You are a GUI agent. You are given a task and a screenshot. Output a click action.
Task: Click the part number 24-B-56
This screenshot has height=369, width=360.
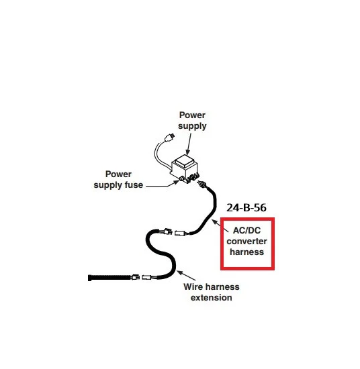click(x=246, y=207)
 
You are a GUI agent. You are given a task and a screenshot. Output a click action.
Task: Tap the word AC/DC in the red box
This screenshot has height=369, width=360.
click(x=246, y=230)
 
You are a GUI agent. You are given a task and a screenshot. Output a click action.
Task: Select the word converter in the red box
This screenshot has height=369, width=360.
click(x=246, y=242)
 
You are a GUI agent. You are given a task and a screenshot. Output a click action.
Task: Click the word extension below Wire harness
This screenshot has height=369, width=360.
click(x=212, y=297)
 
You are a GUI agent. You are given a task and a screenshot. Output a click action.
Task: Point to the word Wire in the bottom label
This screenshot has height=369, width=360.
click(x=193, y=286)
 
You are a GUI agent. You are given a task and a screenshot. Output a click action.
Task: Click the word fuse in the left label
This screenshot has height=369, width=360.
click(x=134, y=184)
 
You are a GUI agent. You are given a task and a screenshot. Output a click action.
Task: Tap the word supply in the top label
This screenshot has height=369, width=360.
click(x=192, y=126)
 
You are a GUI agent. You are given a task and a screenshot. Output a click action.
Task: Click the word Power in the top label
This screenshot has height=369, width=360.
click(x=192, y=115)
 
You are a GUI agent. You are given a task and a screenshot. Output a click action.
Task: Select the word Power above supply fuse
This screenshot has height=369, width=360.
click(x=118, y=174)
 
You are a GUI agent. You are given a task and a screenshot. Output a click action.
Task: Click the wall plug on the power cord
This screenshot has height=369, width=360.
click(x=169, y=138)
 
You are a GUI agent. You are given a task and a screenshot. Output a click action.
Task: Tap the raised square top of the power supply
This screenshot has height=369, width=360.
click(x=185, y=162)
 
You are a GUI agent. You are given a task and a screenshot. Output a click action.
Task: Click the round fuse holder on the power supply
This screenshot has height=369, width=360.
click(x=182, y=178)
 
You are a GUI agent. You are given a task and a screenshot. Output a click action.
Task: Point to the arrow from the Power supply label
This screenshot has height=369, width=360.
click(x=189, y=144)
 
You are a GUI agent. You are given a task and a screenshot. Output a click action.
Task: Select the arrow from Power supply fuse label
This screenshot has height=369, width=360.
click(x=163, y=184)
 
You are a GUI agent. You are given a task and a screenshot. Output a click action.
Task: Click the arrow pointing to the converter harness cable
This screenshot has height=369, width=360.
click(x=220, y=225)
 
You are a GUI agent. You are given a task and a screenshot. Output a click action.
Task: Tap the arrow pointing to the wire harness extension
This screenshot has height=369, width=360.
click(x=186, y=276)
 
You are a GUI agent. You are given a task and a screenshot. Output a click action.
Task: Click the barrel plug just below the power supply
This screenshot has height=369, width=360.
click(x=202, y=184)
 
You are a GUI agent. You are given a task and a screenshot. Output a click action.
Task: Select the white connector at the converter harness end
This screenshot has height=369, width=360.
click(x=181, y=233)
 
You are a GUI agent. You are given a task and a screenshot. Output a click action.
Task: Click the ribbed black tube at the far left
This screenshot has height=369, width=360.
click(x=109, y=278)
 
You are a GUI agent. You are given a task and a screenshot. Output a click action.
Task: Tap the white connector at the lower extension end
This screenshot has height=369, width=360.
click(x=148, y=278)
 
